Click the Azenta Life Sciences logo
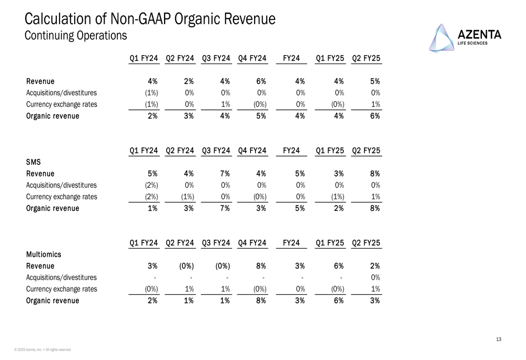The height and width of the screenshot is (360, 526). [465, 38]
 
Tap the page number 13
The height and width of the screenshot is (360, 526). [498, 340]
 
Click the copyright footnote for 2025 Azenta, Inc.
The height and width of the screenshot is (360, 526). [43, 349]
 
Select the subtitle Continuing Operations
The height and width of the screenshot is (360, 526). [76, 35]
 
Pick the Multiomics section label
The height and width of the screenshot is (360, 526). [44, 254]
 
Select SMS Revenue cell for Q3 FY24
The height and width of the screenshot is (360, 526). [225, 173]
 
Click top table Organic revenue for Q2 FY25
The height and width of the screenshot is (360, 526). [375, 116]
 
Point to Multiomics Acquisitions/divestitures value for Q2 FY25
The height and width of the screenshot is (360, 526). [375, 277]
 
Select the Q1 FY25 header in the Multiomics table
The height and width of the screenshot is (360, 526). [330, 243]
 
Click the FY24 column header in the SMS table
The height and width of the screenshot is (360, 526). [291, 151]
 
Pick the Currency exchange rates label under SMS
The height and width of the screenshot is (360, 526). [62, 197]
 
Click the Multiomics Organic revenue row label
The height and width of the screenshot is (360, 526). [53, 301]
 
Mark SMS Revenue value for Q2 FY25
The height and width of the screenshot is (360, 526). [375, 173]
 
